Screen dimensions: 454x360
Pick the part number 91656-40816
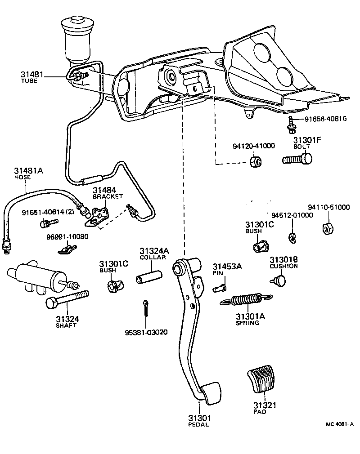[323, 119]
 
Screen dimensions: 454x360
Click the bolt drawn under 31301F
[297, 159]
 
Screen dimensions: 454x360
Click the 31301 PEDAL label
[198, 421]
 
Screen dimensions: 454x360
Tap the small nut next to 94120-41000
[256, 161]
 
